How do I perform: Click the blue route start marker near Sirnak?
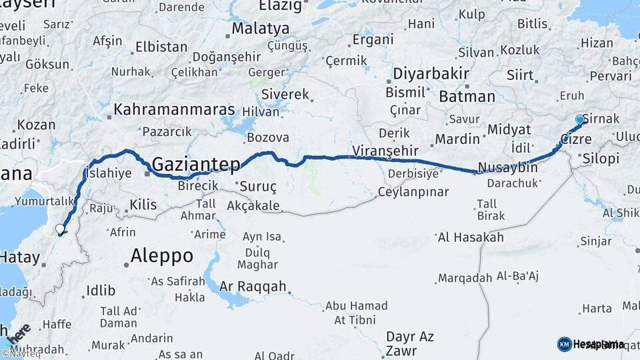[x=579, y=120]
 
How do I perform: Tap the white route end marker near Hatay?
[x=60, y=229]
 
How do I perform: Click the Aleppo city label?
[x=162, y=255]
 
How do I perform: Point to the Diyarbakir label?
[x=427, y=74]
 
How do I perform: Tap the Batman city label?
[x=467, y=97]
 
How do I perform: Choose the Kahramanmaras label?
[x=175, y=109]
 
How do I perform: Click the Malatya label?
[x=261, y=29]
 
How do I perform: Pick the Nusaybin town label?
[x=508, y=168]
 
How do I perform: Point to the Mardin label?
[x=457, y=139]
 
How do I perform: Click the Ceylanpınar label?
[x=413, y=193]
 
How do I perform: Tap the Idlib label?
[x=101, y=291]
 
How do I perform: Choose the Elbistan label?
[x=161, y=47]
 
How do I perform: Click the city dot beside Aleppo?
[x=126, y=265]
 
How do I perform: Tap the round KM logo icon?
[x=564, y=344]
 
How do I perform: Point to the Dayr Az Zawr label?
[x=409, y=344]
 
